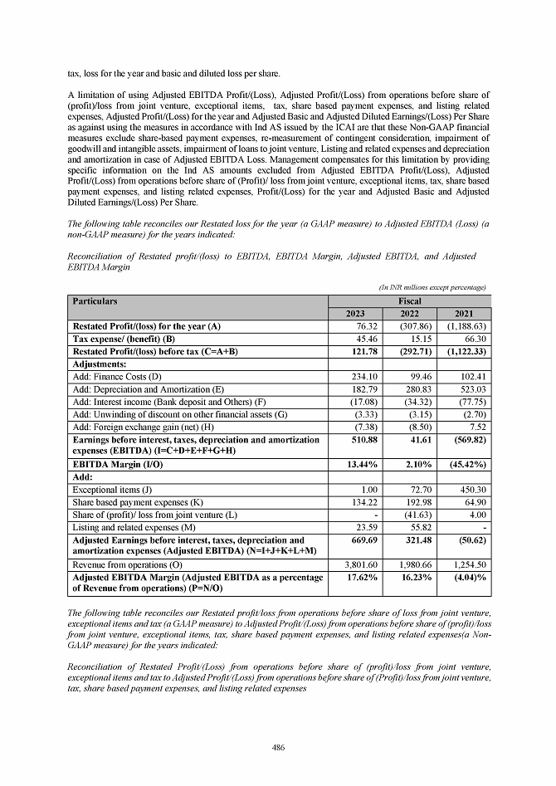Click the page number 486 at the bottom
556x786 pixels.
pyautogui.click(x=278, y=748)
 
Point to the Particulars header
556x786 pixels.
pyautogui.click(x=95, y=300)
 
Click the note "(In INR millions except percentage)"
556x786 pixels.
pyautogui.click(x=432, y=286)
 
